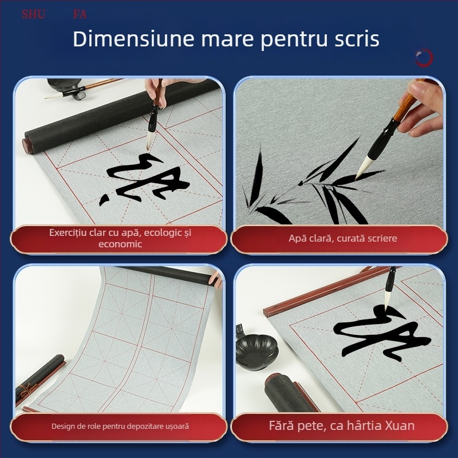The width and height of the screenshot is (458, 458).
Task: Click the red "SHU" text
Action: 33,14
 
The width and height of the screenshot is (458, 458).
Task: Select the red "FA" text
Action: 80,14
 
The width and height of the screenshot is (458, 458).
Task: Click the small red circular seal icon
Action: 424,57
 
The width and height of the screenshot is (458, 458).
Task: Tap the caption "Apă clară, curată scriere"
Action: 342,238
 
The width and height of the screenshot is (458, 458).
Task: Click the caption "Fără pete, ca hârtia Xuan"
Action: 342,426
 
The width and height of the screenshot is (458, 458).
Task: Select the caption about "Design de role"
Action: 120,427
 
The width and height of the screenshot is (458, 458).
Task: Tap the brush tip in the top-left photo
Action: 151,139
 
